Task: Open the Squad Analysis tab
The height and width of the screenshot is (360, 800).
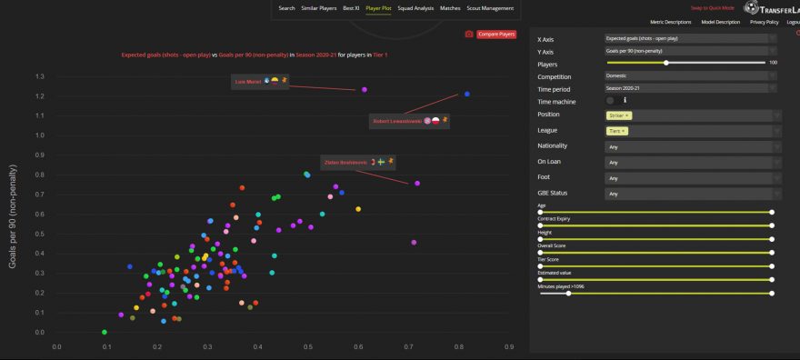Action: (416, 8)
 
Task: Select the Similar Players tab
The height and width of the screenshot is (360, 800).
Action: (319, 8)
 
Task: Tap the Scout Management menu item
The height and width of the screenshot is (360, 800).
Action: (491, 8)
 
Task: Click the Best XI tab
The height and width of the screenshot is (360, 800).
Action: (352, 8)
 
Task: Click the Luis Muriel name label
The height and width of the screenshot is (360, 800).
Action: (248, 82)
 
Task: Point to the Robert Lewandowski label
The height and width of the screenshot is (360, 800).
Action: (397, 121)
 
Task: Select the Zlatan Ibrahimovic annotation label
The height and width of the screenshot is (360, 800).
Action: (345, 163)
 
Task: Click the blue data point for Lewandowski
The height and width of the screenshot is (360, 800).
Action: (466, 94)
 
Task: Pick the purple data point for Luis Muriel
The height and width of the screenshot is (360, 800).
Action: (365, 90)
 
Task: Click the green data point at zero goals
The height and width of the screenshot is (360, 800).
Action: (105, 333)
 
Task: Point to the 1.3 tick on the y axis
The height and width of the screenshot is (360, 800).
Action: (39, 76)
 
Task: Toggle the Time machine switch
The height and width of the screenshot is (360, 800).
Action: (610, 101)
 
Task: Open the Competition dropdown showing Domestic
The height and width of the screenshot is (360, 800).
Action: (691, 76)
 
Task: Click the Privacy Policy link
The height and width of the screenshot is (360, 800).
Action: (760, 22)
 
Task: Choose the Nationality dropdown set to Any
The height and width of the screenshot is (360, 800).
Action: (691, 145)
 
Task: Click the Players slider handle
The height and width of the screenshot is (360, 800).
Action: (666, 63)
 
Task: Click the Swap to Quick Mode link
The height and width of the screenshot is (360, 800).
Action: (712, 8)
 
